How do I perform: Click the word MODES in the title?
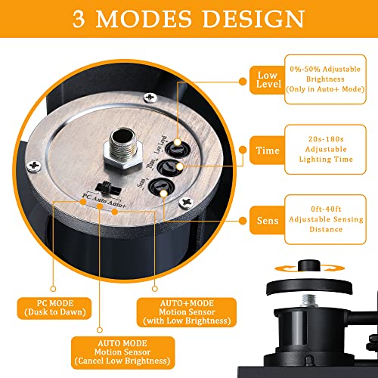pyautogui.click(x=144, y=19)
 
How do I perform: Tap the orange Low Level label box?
pyautogui.click(x=268, y=80)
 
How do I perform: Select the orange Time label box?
pyautogui.click(x=268, y=150)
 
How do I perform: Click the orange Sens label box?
pyautogui.click(x=268, y=220)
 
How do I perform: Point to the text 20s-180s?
pyautogui.click(x=326, y=139)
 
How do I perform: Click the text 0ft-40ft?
pyautogui.click(x=326, y=209)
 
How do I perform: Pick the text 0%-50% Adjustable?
pyautogui.click(x=325, y=69)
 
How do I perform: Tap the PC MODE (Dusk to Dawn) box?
pyautogui.click(x=54, y=308)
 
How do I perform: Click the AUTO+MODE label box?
pyautogui.click(x=187, y=312)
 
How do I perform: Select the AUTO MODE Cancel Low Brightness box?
pyautogui.click(x=122, y=352)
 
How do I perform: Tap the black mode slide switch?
pyautogui.click(x=108, y=188)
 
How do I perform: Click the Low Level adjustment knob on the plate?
pyautogui.click(x=178, y=149)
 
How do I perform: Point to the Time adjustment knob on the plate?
pyautogui.click(x=169, y=167)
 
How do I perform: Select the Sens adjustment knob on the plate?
pyautogui.click(x=161, y=187)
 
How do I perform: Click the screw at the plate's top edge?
pyautogui.click(x=150, y=98)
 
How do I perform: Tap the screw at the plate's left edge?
pyautogui.click(x=34, y=166)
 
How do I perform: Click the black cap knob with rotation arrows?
pyautogui.click(x=309, y=266)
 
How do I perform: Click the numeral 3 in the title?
pyautogui.click(x=79, y=19)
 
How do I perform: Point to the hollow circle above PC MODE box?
pyautogui.click(x=53, y=289)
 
